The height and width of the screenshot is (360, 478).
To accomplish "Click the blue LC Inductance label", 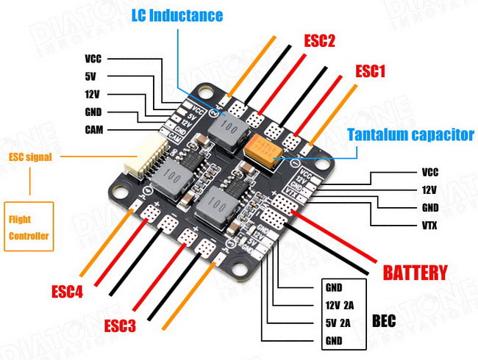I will pos(176,15).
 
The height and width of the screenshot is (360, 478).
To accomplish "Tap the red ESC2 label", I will pos(319,40).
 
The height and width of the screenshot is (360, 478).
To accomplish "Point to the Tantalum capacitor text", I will pos(410,134).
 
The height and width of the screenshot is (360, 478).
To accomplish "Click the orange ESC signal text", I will pos(29,156).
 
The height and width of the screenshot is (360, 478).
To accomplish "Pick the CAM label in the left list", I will pos(93,130).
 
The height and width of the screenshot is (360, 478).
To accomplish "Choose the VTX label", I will pos(429,226).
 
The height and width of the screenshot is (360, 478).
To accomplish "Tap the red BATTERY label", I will pos(415,273).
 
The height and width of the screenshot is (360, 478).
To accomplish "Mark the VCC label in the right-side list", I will pos(429,173).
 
